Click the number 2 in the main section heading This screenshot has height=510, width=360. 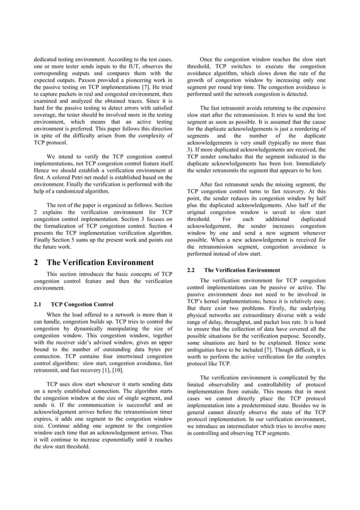pos(37,262)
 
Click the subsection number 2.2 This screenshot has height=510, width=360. pos(191,270)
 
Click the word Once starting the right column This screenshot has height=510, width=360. pos(209,58)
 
